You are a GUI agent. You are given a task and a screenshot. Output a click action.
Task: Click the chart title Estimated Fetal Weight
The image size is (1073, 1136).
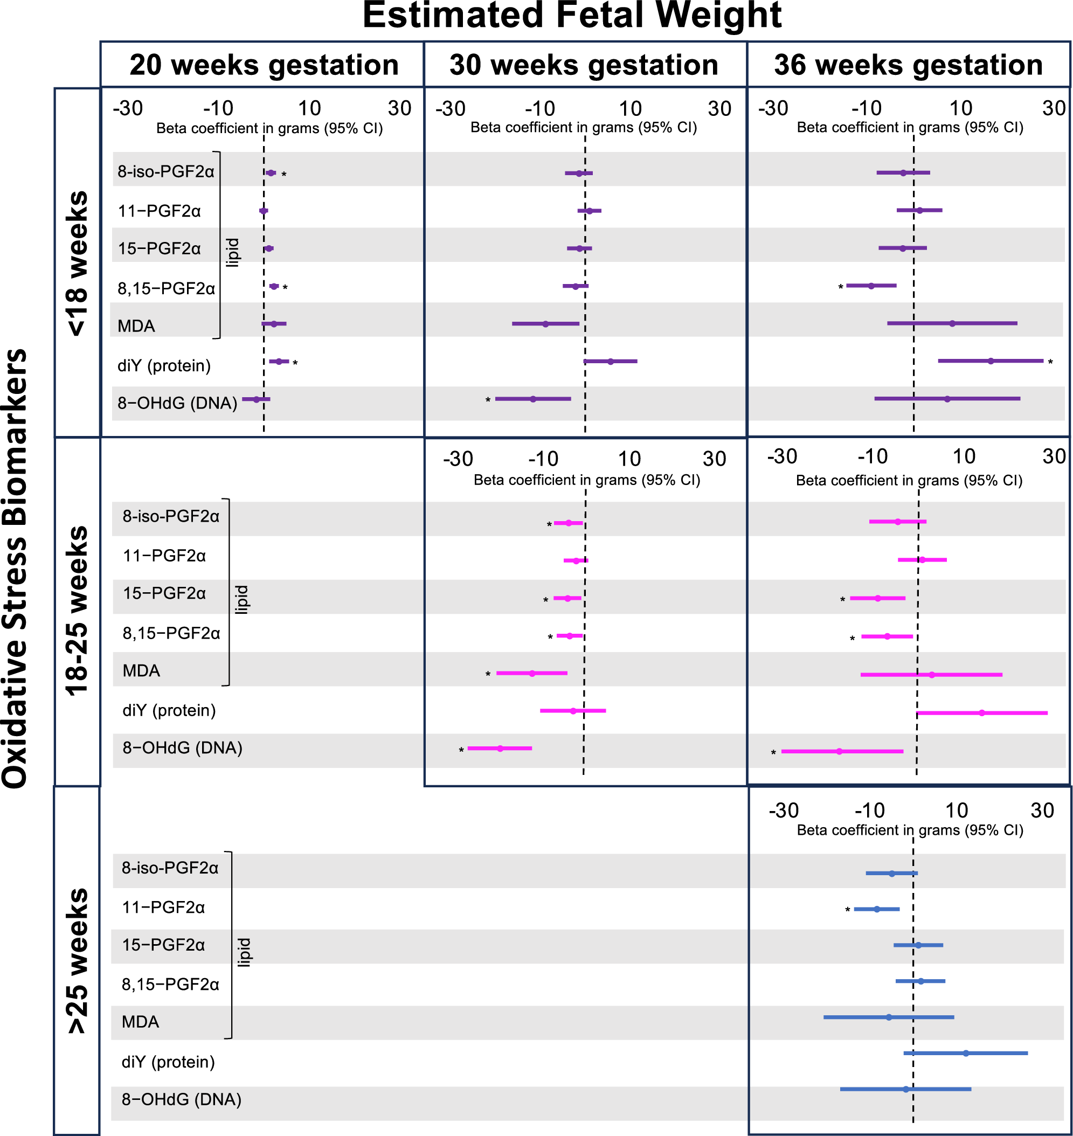pos(571,16)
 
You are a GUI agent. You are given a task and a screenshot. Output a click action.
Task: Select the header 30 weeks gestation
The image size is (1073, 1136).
pos(584,65)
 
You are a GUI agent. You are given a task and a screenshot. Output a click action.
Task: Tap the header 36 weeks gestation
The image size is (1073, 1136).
pos(908,65)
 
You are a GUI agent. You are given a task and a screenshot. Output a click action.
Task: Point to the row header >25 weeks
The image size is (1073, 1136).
pos(78,961)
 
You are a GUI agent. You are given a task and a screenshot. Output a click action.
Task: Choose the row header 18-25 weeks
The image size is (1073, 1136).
pos(78,611)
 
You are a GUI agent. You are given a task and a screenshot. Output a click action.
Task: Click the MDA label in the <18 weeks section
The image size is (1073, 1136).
pos(136,326)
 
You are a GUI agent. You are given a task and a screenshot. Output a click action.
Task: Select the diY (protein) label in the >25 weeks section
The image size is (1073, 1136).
pos(168,1062)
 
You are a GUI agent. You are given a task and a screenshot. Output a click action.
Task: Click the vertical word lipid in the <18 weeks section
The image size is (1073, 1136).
pos(232,252)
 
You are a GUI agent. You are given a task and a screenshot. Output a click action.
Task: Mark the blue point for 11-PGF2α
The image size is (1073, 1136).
pos(876,909)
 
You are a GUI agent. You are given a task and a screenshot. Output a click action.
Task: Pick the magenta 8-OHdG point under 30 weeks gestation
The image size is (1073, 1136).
pos(500,748)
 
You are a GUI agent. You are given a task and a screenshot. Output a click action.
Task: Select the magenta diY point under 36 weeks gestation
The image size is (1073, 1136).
pos(981,713)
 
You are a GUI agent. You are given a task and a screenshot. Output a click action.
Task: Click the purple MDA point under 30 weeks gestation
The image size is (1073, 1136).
pos(545,324)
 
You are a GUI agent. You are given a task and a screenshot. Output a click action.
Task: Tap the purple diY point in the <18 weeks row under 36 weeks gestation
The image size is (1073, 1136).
pos(991,361)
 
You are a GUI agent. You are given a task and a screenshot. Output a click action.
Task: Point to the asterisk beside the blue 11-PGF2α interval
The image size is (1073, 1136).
pos(847,910)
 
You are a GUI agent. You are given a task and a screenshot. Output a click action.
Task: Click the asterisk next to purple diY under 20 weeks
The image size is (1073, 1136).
pos(295,363)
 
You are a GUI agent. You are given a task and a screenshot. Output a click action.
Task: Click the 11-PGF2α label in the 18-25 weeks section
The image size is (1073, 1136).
pos(164,556)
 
